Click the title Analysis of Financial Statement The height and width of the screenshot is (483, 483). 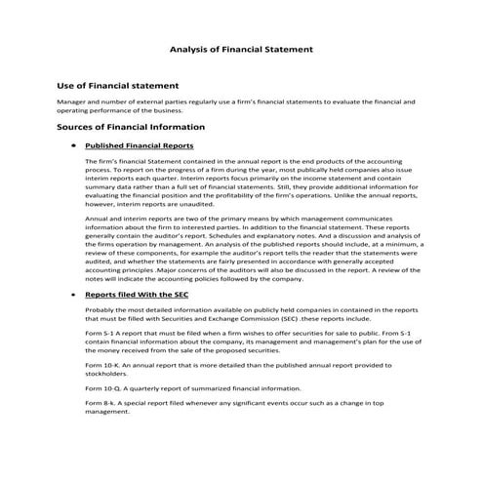click(241, 47)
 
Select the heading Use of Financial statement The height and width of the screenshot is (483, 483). click(117, 85)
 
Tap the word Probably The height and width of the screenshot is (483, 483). click(102, 308)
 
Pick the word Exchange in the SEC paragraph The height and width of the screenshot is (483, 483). click(212, 318)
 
